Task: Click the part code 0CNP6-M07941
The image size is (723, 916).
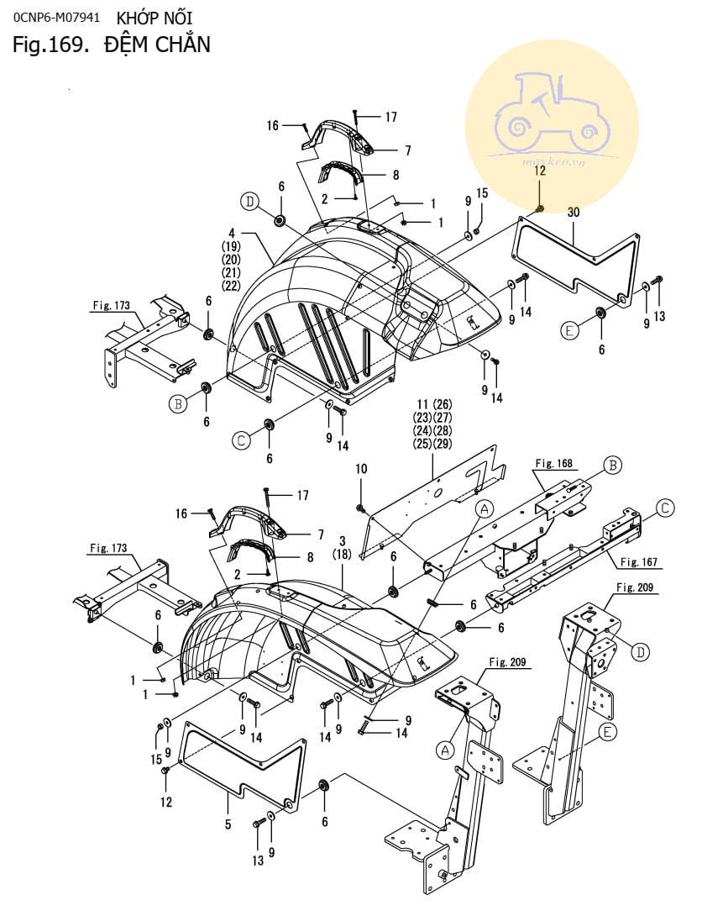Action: (x=56, y=18)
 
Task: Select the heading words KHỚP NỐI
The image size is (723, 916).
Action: (x=154, y=18)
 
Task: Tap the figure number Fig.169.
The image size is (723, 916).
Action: (x=50, y=45)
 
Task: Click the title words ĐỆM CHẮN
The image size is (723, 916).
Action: (x=157, y=45)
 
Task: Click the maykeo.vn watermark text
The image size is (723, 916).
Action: (x=553, y=161)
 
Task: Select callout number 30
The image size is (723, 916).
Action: (x=574, y=212)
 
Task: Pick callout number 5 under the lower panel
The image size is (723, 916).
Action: (x=228, y=824)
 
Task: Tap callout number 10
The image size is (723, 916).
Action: (x=361, y=469)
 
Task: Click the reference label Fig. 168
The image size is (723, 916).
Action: (x=553, y=463)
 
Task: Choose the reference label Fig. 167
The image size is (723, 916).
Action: (x=638, y=562)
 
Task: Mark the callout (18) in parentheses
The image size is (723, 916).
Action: (x=342, y=553)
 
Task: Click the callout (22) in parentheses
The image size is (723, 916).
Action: (x=231, y=285)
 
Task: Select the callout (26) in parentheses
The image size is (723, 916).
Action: (x=443, y=404)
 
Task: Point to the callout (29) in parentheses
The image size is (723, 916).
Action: (x=443, y=444)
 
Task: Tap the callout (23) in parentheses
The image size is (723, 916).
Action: (x=422, y=417)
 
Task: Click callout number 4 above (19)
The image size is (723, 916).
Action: (x=232, y=233)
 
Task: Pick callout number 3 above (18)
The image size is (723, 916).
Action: (x=342, y=541)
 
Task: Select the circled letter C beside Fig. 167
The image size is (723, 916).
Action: (x=665, y=508)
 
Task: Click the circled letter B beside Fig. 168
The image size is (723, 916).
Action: (x=613, y=465)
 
